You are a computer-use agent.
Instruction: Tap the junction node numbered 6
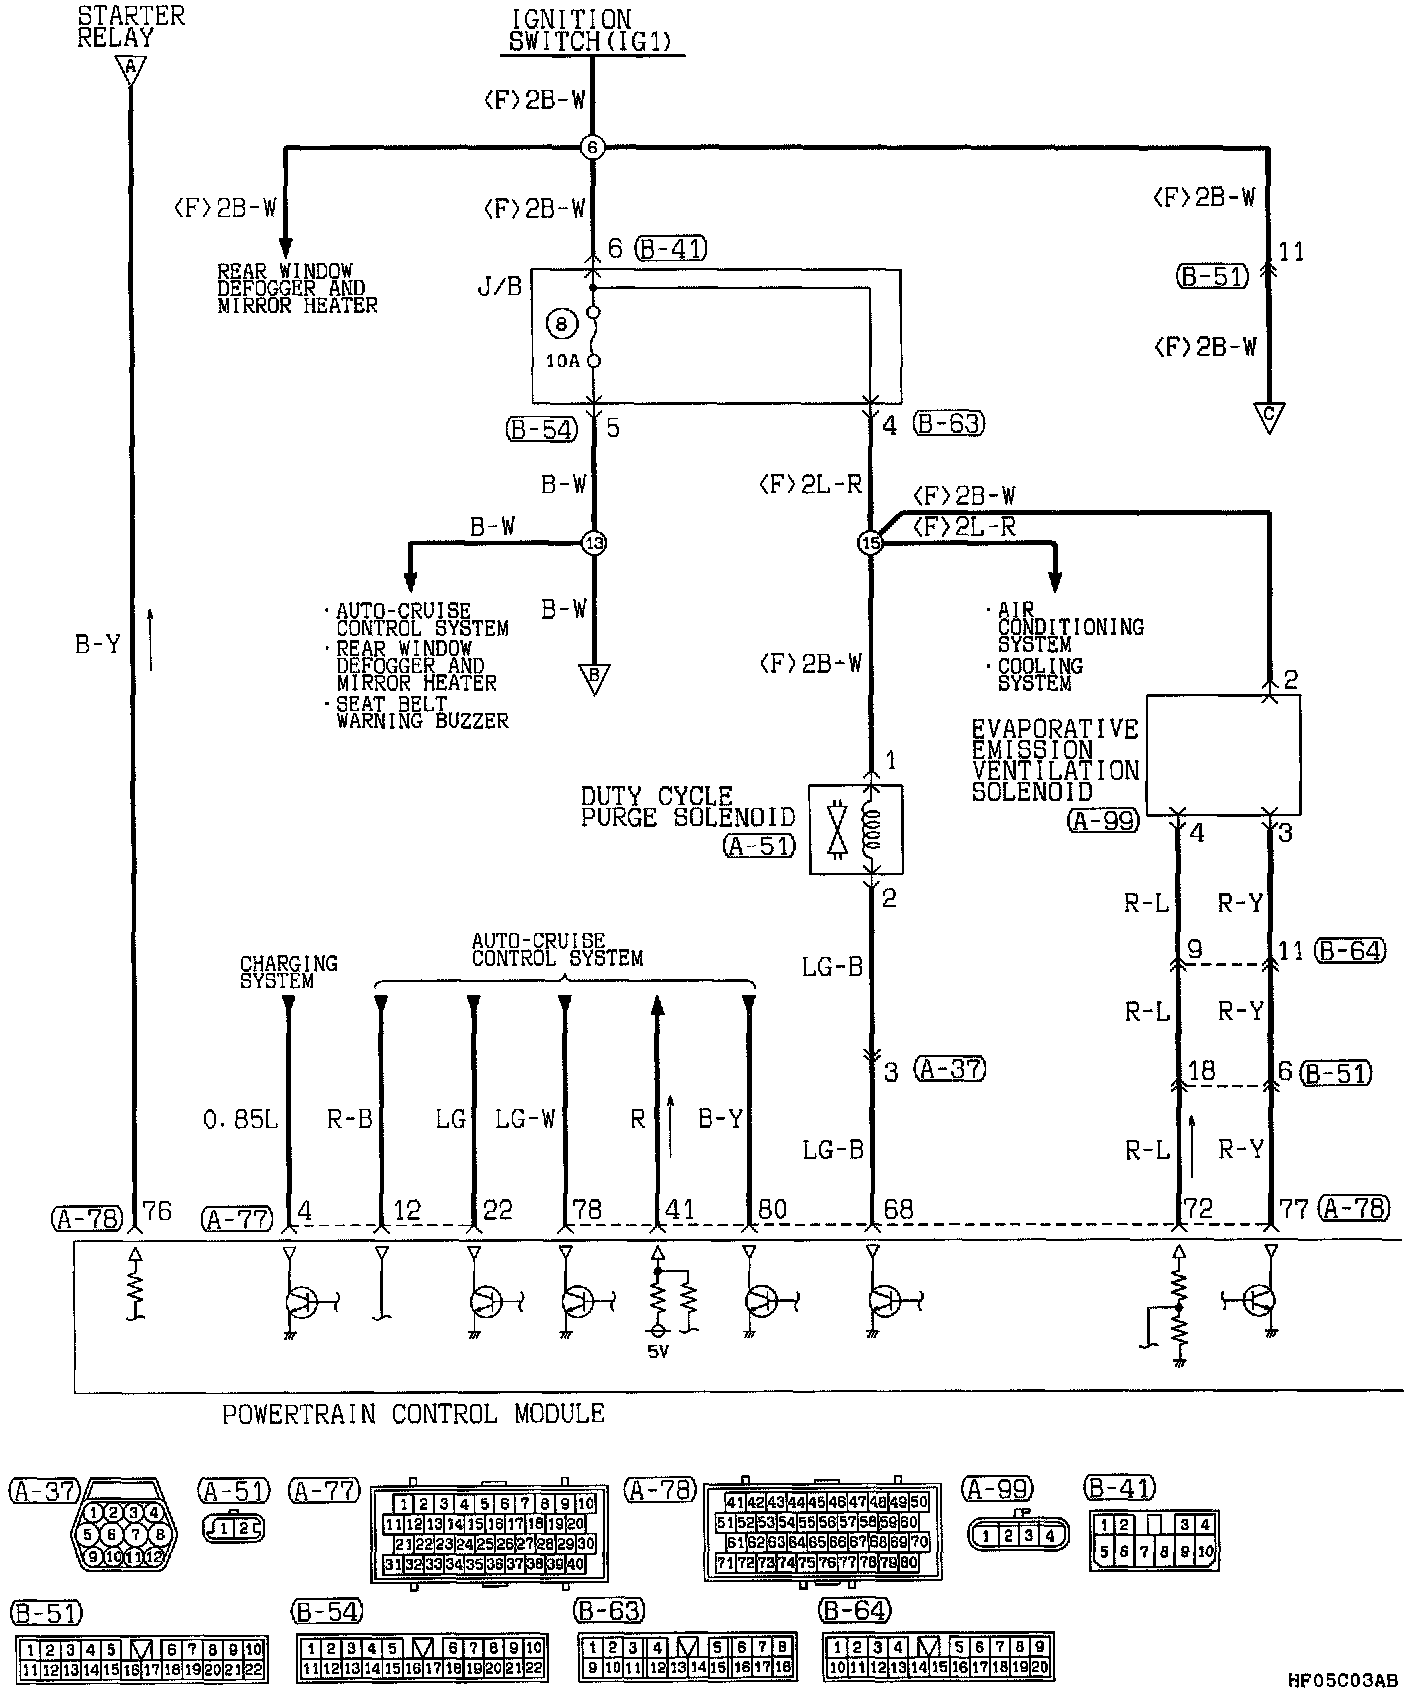[x=592, y=148]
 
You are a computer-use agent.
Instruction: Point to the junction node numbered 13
[x=594, y=543]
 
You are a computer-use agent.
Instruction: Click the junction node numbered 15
[x=870, y=543]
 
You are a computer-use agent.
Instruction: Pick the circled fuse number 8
[x=561, y=324]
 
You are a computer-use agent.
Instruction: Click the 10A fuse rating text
[x=563, y=361]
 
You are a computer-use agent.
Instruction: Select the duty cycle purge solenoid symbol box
[x=855, y=829]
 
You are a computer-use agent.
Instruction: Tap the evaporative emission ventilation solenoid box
[x=1222, y=755]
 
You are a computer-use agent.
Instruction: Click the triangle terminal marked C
[x=1269, y=417]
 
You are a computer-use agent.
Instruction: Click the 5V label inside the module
[x=658, y=1353]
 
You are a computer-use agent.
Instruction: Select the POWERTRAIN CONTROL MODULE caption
[x=413, y=1414]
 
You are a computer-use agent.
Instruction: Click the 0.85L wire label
[x=240, y=1120]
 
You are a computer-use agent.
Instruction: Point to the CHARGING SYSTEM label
[x=288, y=972]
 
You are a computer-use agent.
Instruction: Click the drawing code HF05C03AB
[x=1341, y=1681]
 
